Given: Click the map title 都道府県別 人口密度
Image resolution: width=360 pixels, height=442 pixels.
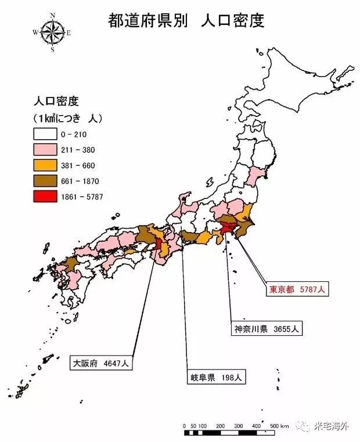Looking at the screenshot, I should pyautogui.click(x=186, y=21).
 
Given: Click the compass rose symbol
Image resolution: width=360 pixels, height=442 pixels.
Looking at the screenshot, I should pyautogui.click(x=52, y=31).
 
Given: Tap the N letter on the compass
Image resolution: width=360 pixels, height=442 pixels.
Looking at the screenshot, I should pyautogui.click(x=53, y=15).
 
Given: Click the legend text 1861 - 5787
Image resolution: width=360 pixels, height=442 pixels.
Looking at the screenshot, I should pyautogui.click(x=82, y=197).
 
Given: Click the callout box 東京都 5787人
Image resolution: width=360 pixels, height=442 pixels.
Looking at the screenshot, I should pyautogui.click(x=294, y=289).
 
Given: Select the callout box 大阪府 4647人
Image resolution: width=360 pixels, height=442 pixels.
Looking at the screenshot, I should pyautogui.click(x=102, y=364).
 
